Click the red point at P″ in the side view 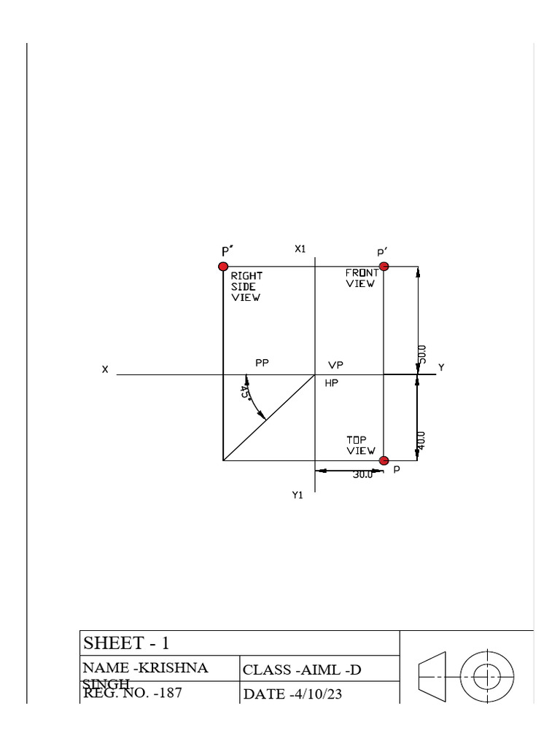click(x=223, y=267)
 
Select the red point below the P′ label click(x=384, y=267)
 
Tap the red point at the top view click(x=384, y=460)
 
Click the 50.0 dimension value click(x=423, y=355)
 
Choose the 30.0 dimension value click(x=362, y=474)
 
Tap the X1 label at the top click(x=300, y=248)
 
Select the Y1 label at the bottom click(x=297, y=495)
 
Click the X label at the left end click(x=105, y=370)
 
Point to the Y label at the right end click(x=440, y=368)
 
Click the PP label click(x=262, y=362)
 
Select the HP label click(x=332, y=382)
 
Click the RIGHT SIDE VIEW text click(x=246, y=287)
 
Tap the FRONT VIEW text click(x=362, y=278)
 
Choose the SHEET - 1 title click(x=127, y=643)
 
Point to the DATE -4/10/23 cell click(x=292, y=694)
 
